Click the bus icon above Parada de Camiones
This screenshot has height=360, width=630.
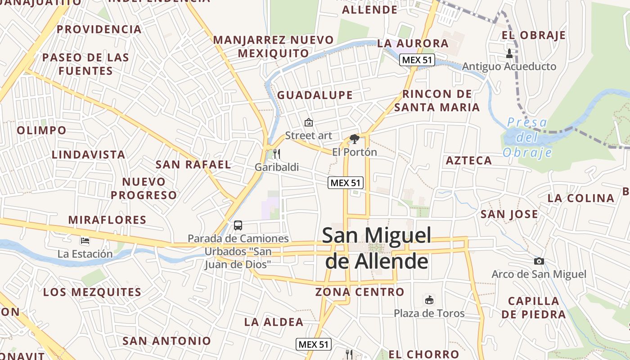(238, 225)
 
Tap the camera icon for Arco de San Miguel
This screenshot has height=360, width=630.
(539, 261)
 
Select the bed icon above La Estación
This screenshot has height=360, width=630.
(85, 241)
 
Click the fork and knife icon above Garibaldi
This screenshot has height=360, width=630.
(277, 154)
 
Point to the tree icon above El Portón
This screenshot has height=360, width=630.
(355, 139)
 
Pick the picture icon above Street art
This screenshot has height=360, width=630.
(309, 122)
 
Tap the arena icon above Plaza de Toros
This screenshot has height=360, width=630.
(429, 300)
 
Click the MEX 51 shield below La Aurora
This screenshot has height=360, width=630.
(417, 60)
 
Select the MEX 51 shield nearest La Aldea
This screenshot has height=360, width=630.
(314, 345)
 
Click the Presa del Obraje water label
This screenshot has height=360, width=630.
(527, 137)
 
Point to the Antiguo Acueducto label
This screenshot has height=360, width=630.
(509, 67)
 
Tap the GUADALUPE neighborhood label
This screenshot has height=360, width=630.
(315, 95)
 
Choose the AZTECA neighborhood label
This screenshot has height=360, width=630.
(469, 161)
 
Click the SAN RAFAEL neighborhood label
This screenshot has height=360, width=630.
(193, 165)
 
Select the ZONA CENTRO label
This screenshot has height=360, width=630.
(360, 292)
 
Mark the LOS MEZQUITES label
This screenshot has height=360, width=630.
(92, 292)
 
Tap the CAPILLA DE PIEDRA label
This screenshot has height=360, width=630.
(534, 307)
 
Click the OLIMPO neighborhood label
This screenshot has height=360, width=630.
(41, 130)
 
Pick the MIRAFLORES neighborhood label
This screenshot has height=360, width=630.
(107, 220)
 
